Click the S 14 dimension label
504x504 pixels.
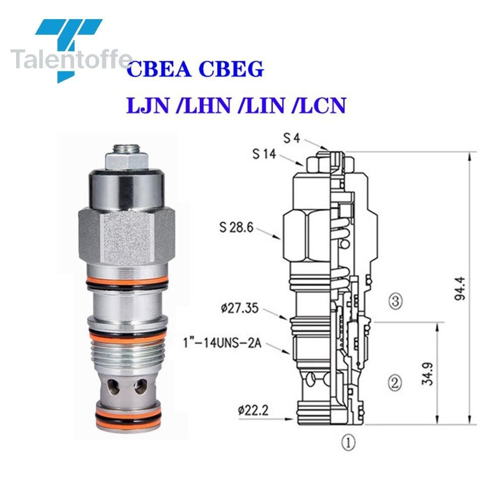click(264, 155)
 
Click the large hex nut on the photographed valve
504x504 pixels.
click(127, 237)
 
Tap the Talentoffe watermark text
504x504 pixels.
click(71, 60)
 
